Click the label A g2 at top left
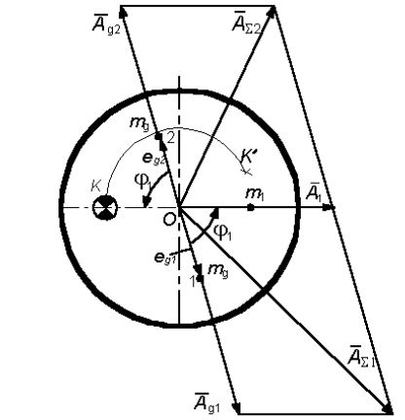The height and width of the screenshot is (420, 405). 106,24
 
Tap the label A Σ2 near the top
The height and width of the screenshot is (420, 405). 246,22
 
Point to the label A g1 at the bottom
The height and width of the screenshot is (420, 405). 207,402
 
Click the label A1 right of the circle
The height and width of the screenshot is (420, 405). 313,192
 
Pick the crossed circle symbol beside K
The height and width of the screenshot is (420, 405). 104,208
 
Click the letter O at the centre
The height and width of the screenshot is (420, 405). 169,220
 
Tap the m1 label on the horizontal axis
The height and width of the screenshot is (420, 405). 255,194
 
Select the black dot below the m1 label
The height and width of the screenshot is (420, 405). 250,208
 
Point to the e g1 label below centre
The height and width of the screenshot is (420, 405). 166,257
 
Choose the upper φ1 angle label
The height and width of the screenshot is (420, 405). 143,181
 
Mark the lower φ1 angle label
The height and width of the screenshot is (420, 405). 222,232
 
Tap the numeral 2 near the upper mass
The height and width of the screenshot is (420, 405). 170,139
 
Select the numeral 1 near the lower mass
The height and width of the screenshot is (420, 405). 193,281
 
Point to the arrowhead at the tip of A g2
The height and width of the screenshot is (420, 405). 123,12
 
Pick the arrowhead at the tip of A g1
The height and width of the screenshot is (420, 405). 237,407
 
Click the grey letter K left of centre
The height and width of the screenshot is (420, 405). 96,187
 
